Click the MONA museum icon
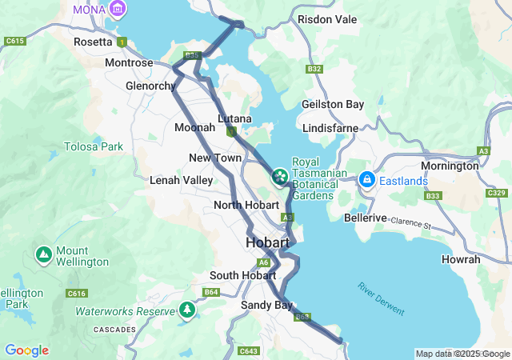(118, 9)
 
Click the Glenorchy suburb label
(150, 86)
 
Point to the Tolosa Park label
(94, 146)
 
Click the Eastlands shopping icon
(367, 180)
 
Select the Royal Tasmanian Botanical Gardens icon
(280, 175)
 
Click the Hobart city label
(272, 242)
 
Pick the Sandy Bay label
(263, 305)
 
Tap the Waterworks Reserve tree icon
(187, 310)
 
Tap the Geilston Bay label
(333, 104)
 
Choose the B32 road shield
(314, 69)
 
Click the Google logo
(26, 350)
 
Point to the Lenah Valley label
(182, 180)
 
